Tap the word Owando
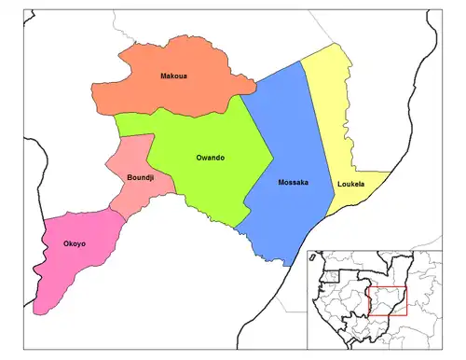(210, 158)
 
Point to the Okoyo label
(75, 244)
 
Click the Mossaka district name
(293, 182)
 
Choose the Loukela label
(351, 185)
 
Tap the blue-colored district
(284, 140)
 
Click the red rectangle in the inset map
(389, 300)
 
